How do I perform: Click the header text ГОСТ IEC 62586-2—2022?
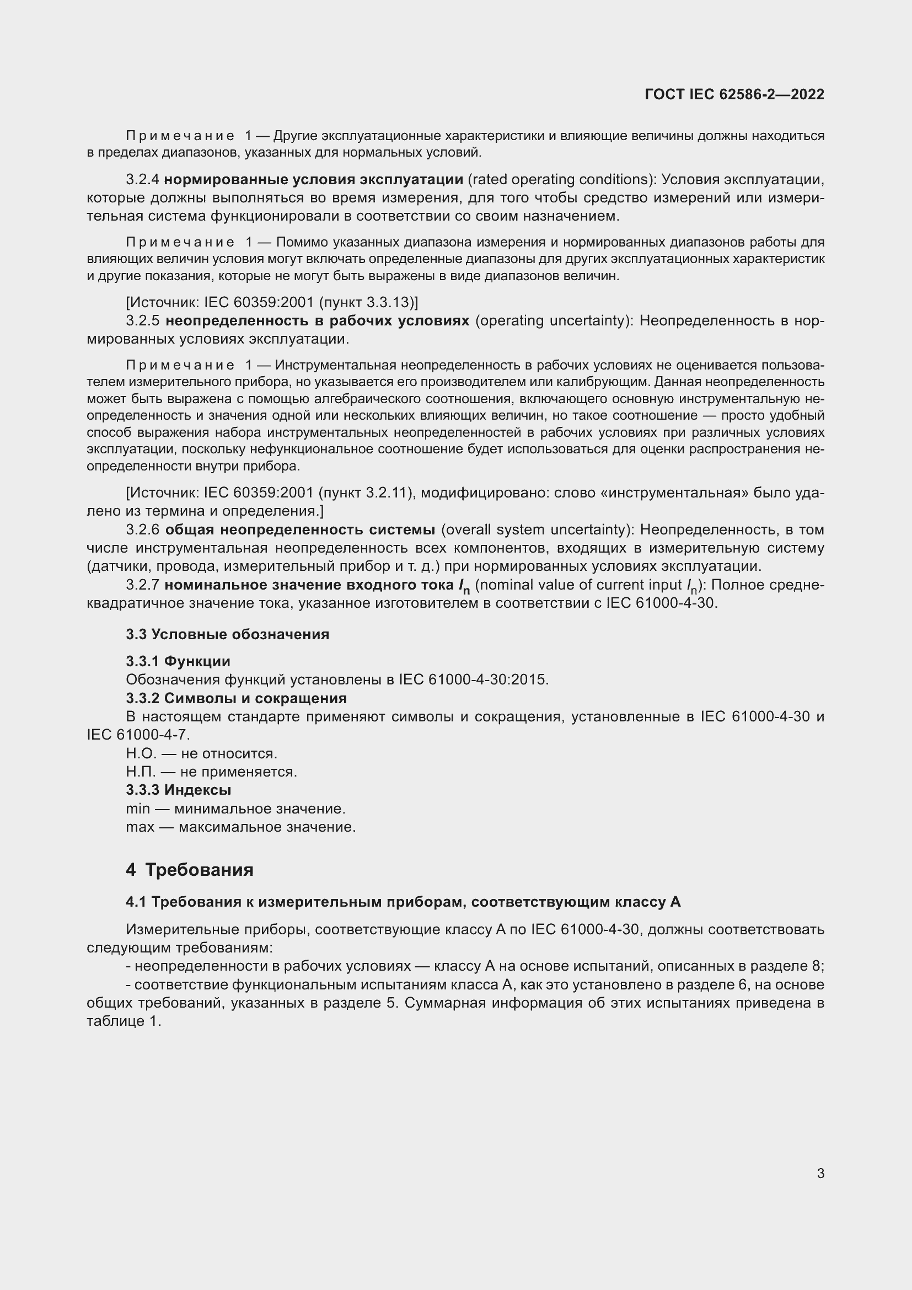click(x=734, y=94)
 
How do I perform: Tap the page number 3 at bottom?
click(x=820, y=1173)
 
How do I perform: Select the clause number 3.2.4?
click(x=143, y=180)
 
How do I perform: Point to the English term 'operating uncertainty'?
click(x=552, y=321)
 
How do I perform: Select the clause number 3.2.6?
click(x=143, y=530)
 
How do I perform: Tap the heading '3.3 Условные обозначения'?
click(x=227, y=634)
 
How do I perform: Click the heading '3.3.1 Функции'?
click(x=178, y=661)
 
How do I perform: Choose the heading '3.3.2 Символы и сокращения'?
click(x=236, y=698)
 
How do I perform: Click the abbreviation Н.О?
click(x=141, y=753)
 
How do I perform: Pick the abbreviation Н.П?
click(x=141, y=772)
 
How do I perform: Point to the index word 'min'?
click(x=138, y=809)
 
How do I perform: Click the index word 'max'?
click(x=140, y=827)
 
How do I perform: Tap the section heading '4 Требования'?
click(x=190, y=870)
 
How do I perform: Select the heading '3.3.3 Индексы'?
click(x=178, y=790)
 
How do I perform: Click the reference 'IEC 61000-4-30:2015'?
click(x=474, y=680)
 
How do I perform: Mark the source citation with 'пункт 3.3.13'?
click(x=272, y=303)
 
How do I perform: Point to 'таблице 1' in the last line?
click(x=124, y=1021)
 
